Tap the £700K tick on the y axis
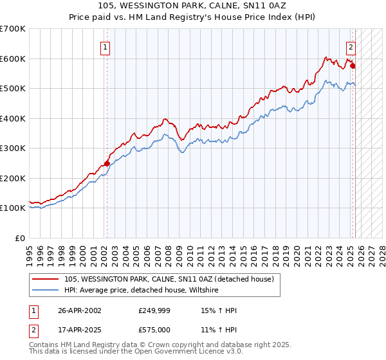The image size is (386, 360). click(13, 29)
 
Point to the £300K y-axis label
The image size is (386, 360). click(13, 148)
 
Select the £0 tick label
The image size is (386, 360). click(21, 238)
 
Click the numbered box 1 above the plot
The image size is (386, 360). click(105, 46)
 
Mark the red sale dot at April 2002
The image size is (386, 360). click(107, 163)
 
